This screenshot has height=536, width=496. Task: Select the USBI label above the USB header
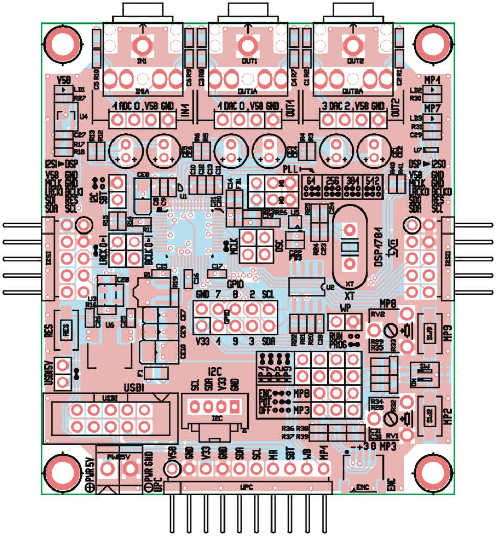(x=132, y=389)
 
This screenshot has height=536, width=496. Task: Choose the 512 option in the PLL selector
(x=373, y=181)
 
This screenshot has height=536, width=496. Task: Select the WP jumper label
(x=345, y=309)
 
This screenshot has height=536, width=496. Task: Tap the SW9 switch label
(x=430, y=331)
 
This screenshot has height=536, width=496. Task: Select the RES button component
(x=66, y=331)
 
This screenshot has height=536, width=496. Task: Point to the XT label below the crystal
(x=350, y=296)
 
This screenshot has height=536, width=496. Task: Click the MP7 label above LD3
(x=433, y=109)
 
